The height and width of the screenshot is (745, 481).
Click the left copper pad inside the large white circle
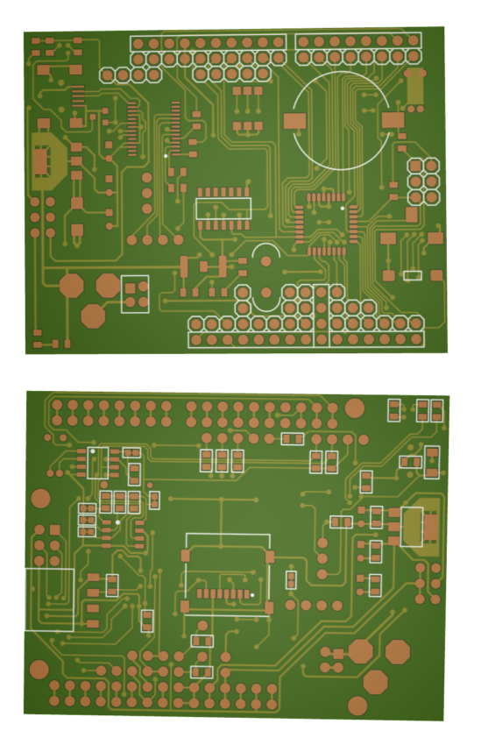coord(295,121)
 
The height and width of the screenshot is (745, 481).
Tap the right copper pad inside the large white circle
coord(393,118)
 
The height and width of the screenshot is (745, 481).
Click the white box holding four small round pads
coord(135,294)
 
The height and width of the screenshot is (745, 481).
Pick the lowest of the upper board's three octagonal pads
coord(94,316)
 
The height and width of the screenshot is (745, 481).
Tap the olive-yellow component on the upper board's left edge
coord(41,160)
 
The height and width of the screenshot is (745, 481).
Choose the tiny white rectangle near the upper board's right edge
coord(413,275)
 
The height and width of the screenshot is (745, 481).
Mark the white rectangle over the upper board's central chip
coord(223,209)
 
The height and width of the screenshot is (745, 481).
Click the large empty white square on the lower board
coord(48,600)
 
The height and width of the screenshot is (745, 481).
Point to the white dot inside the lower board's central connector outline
coord(252,595)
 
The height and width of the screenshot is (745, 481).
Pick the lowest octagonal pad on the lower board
coord(375,682)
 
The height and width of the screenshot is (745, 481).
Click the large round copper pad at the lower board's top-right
coord(355,408)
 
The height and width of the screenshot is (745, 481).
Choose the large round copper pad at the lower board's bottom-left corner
coord(39,670)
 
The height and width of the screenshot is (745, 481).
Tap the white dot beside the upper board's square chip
coord(343,209)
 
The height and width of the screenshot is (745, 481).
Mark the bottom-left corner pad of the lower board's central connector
coord(185,607)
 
